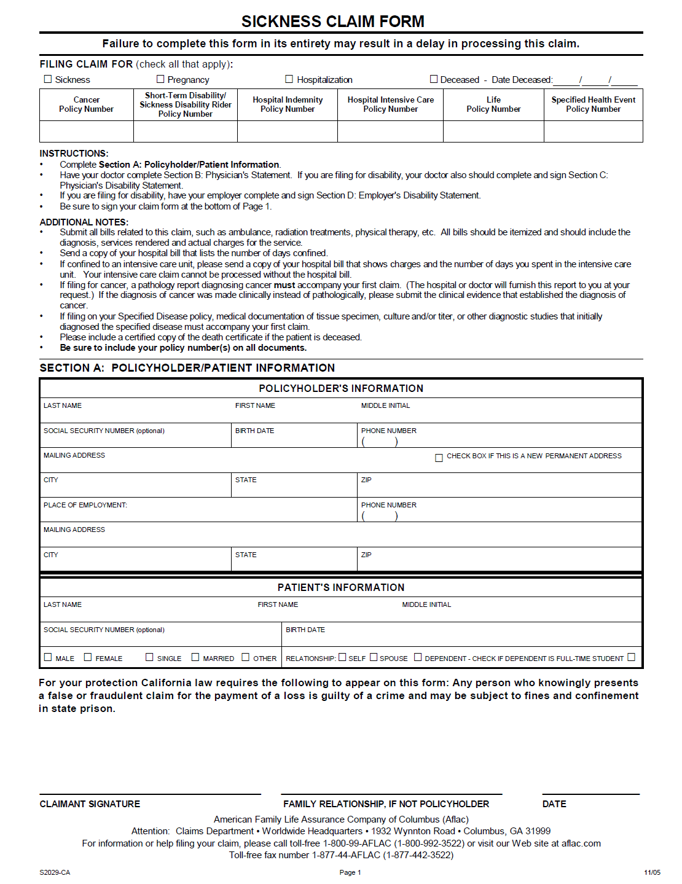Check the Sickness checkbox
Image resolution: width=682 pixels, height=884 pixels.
tap(48, 79)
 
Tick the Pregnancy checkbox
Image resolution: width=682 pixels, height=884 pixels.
tap(160, 79)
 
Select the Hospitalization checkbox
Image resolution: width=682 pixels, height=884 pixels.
tap(289, 79)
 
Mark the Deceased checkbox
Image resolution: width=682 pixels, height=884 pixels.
tap(434, 79)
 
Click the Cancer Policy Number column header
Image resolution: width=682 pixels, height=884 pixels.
tap(86, 104)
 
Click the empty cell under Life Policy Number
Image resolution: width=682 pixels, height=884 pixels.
tap(493, 131)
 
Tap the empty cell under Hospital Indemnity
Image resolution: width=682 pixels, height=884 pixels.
tap(287, 131)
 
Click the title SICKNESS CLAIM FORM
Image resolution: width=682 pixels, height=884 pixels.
tap(332, 22)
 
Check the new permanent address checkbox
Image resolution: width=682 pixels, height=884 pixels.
tap(439, 458)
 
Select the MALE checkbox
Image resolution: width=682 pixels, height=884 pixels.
tap(48, 657)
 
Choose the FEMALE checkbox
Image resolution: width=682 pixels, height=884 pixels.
tap(88, 657)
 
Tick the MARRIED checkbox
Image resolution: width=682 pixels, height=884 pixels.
tap(195, 657)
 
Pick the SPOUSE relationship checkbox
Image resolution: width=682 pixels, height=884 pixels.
tap(374, 657)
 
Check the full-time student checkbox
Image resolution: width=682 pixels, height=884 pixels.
tap(631, 657)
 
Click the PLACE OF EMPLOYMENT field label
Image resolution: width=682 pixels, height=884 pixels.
tap(85, 505)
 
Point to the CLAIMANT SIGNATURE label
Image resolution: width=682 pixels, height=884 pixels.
tap(90, 804)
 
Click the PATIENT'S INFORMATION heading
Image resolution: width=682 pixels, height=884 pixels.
tap(341, 587)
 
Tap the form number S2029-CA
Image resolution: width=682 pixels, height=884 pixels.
tap(55, 872)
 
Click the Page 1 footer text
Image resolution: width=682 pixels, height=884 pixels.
tap(350, 872)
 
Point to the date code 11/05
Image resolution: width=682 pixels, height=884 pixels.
tap(652, 872)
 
